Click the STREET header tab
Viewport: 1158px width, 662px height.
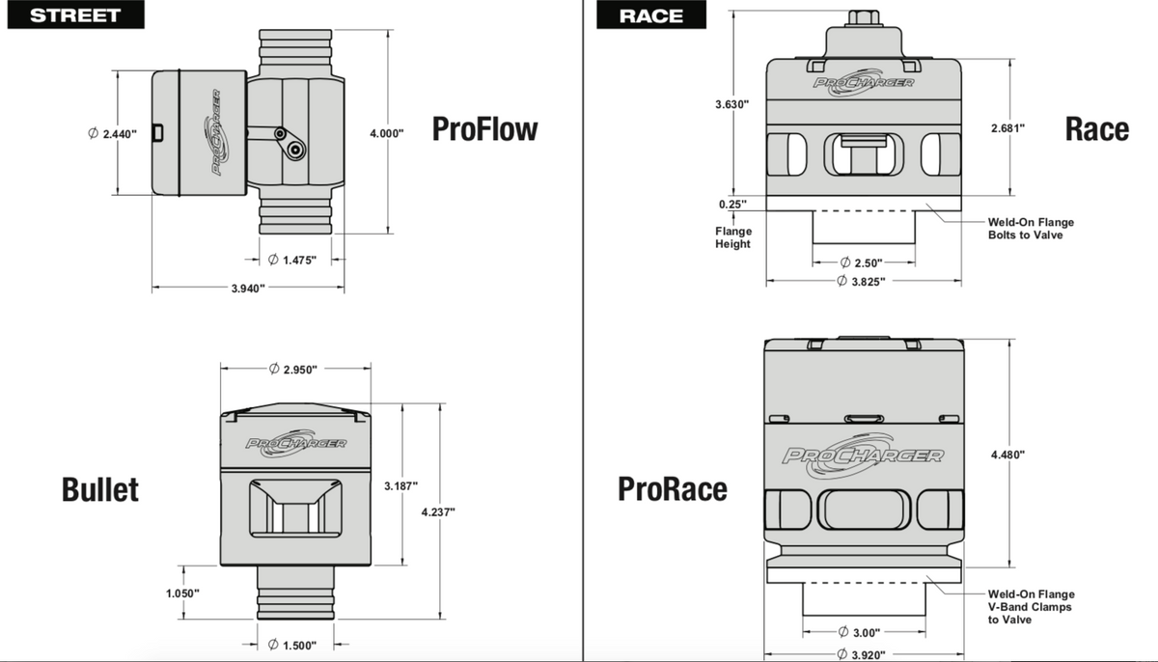pyautogui.click(x=74, y=14)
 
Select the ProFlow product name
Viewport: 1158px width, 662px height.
pyautogui.click(x=484, y=128)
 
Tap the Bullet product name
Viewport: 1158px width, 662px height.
pyautogui.click(x=100, y=488)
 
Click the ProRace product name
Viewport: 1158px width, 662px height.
pyautogui.click(x=673, y=489)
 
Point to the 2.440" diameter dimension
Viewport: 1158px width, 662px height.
pyautogui.click(x=112, y=133)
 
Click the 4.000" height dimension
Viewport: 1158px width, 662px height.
pyautogui.click(x=387, y=133)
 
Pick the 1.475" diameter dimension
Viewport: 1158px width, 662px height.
pyautogui.click(x=291, y=259)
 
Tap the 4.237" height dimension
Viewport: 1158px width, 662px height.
pyautogui.click(x=439, y=511)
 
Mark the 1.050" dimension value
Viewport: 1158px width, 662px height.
pyautogui.click(x=181, y=593)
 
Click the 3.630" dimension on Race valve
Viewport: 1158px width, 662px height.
pyautogui.click(x=732, y=103)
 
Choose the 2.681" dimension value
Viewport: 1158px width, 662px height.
pyautogui.click(x=1007, y=127)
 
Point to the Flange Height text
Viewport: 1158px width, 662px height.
pyautogui.click(x=732, y=237)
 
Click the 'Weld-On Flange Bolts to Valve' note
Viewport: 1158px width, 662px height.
pyautogui.click(x=1030, y=229)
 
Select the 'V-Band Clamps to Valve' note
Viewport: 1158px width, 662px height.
pyautogui.click(x=1030, y=607)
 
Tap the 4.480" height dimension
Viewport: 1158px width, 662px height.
pyautogui.click(x=1008, y=454)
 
